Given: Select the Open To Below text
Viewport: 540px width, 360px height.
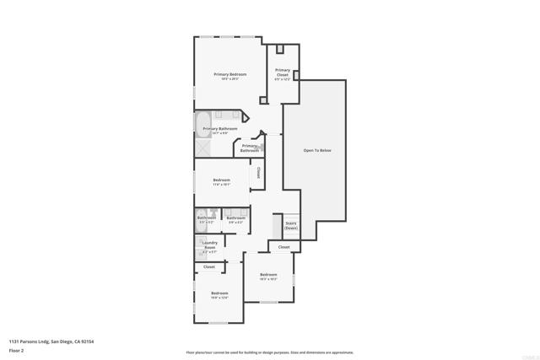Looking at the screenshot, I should pyautogui.click(x=317, y=150).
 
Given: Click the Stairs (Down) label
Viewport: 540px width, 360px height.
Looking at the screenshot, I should pyautogui.click(x=290, y=225).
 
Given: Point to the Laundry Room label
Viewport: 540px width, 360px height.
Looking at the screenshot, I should pyautogui.click(x=209, y=244).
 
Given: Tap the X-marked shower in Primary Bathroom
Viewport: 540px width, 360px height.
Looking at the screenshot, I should pyautogui.click(x=203, y=149).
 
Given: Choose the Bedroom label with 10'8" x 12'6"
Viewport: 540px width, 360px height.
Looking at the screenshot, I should pyautogui.click(x=219, y=293).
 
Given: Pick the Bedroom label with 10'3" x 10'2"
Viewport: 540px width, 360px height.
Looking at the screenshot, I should pyautogui.click(x=268, y=275).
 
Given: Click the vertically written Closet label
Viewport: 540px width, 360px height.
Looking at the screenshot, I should pyautogui.click(x=257, y=175).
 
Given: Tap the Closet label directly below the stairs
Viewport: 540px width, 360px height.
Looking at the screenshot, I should pyautogui.click(x=283, y=247).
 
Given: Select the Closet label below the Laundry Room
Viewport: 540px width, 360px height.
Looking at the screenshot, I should pyautogui.click(x=209, y=266).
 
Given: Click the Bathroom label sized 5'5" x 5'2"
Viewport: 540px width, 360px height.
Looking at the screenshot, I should pyautogui.click(x=206, y=218).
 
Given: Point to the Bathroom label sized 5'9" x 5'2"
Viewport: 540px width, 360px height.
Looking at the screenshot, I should pyautogui.click(x=235, y=218).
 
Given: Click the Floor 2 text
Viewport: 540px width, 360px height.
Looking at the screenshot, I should pyautogui.click(x=16, y=350).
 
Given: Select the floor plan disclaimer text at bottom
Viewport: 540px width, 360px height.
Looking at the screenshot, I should pyautogui.click(x=270, y=352).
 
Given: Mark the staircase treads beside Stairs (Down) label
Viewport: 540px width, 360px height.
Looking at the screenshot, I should pyautogui.click(x=276, y=225).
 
